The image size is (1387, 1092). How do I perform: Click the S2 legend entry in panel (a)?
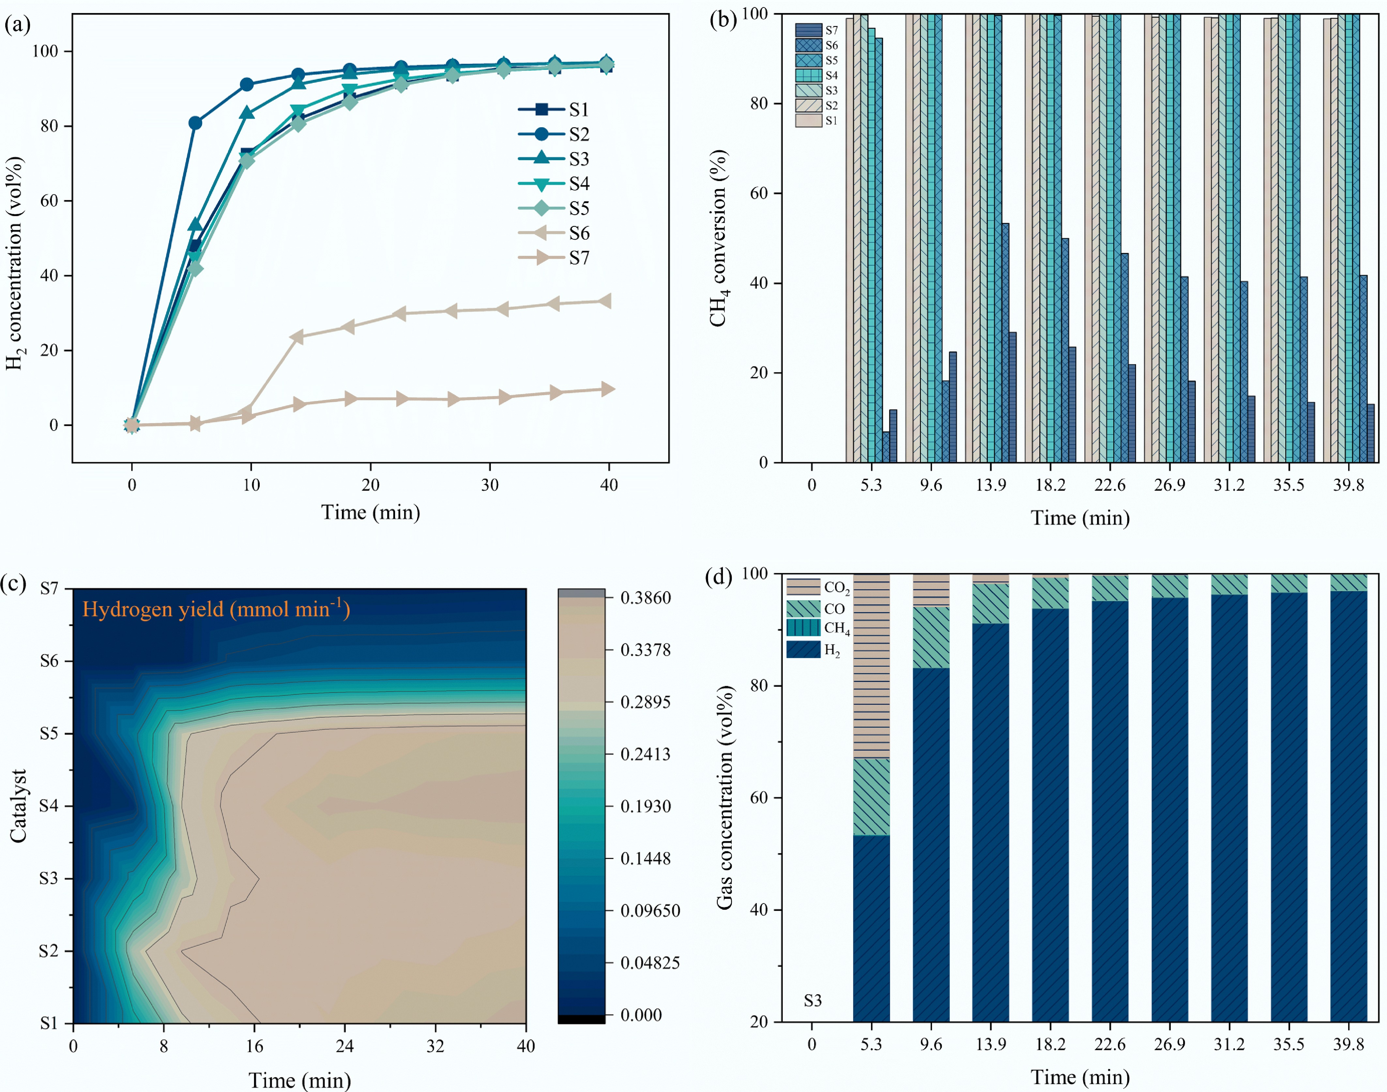pyautogui.click(x=555, y=134)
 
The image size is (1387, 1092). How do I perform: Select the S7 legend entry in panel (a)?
pyautogui.click(x=555, y=258)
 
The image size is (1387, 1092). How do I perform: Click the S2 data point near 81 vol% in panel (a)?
pyautogui.click(x=195, y=123)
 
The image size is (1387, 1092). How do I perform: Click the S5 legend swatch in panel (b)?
pyautogui.click(x=808, y=60)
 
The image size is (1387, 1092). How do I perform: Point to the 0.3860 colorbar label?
pyautogui.click(x=646, y=598)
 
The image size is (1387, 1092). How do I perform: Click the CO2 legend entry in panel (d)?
pyautogui.click(x=818, y=587)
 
